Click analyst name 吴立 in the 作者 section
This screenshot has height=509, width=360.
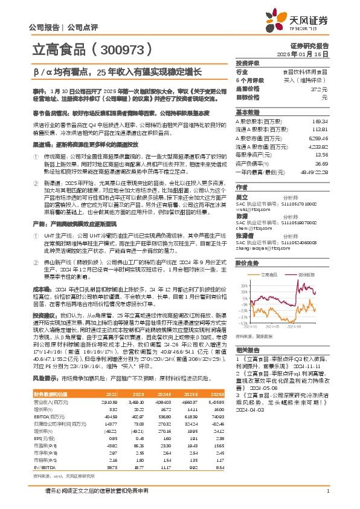(x=242, y=197)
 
